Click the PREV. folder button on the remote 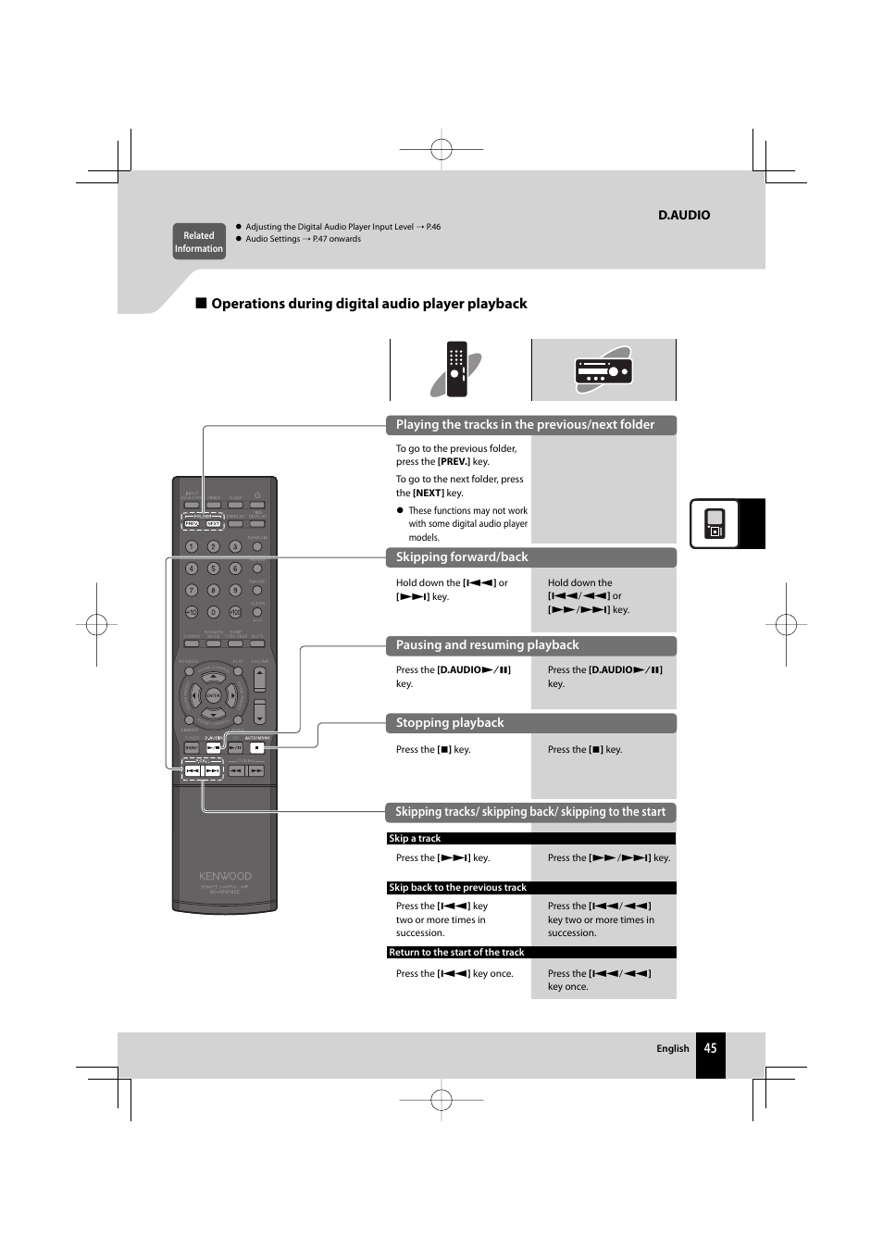pos(192,524)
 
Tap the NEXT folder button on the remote pos(214,524)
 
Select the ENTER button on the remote pos(214,695)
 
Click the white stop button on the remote pos(258,747)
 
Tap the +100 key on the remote pos(235,612)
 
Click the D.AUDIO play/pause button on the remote pos(214,747)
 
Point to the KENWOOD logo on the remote pos(225,876)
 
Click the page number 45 pos(710,1048)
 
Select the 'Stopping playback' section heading pos(450,723)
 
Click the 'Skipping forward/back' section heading pos(462,557)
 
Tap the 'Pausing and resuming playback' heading pos(487,645)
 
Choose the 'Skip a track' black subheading pos(415,839)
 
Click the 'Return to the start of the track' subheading pos(456,952)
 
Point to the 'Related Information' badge pos(199,242)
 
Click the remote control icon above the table pos(456,369)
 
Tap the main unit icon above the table pos(603,370)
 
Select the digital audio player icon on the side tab pos(715,524)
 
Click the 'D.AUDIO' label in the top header pos(684,215)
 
